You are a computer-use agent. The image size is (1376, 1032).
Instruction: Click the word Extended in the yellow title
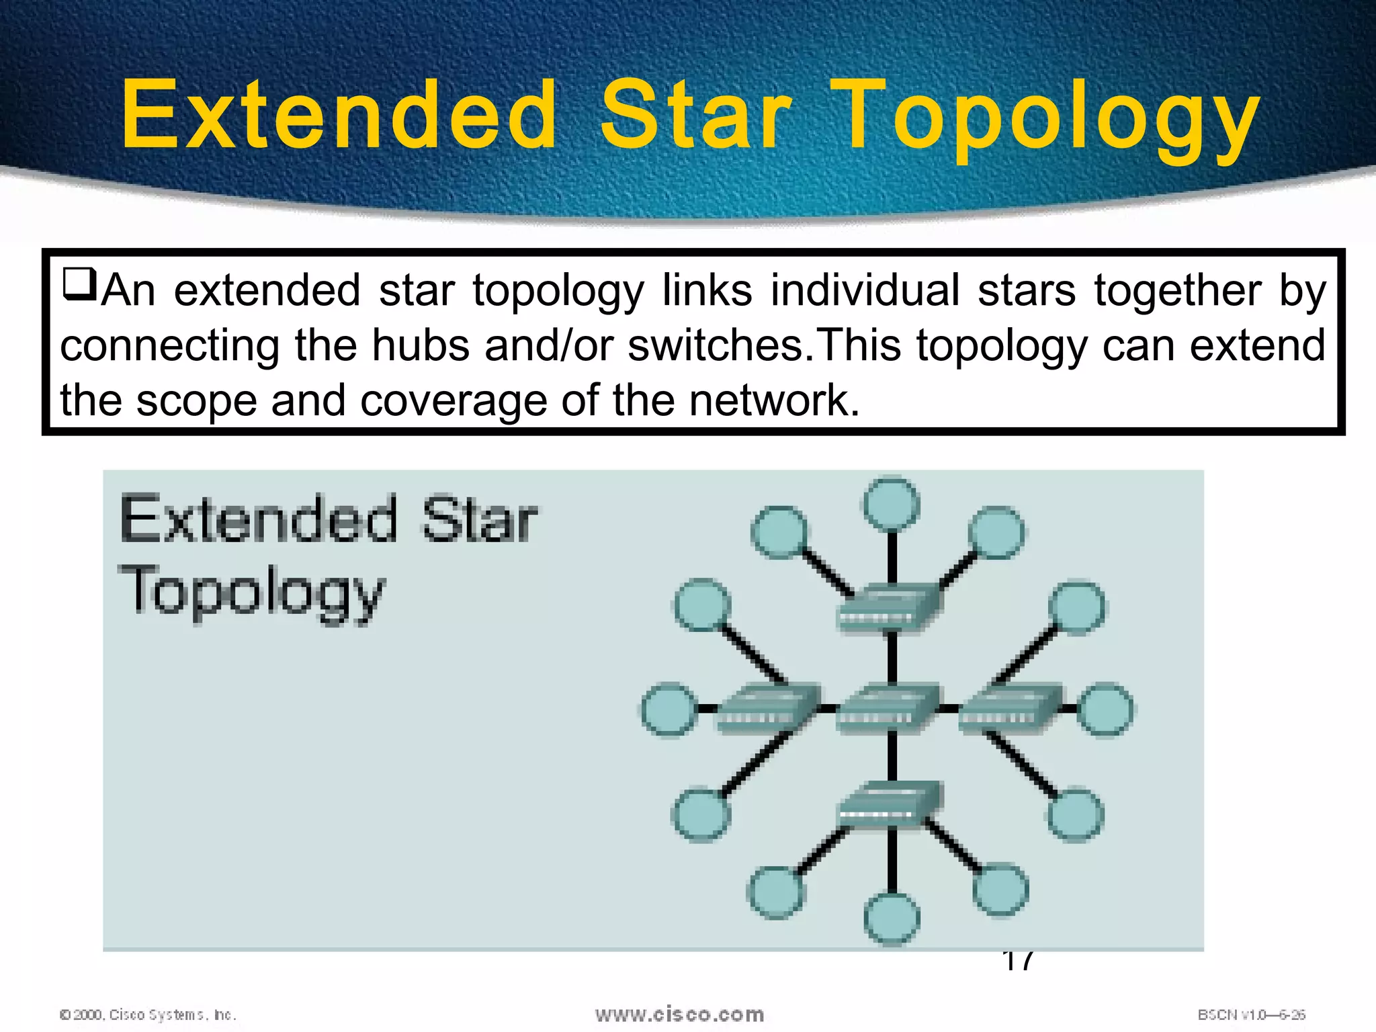[339, 114]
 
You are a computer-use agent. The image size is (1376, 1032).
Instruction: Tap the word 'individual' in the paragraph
[865, 291]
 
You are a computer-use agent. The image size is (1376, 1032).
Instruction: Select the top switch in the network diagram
[888, 609]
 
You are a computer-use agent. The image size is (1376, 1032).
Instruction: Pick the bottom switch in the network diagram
[888, 805]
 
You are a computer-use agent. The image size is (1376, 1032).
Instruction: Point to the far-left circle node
[668, 709]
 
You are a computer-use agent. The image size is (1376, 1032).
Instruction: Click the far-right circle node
[1105, 709]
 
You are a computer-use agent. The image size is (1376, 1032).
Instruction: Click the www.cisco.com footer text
[679, 1014]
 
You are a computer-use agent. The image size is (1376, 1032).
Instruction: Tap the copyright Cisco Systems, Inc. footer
[148, 1015]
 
